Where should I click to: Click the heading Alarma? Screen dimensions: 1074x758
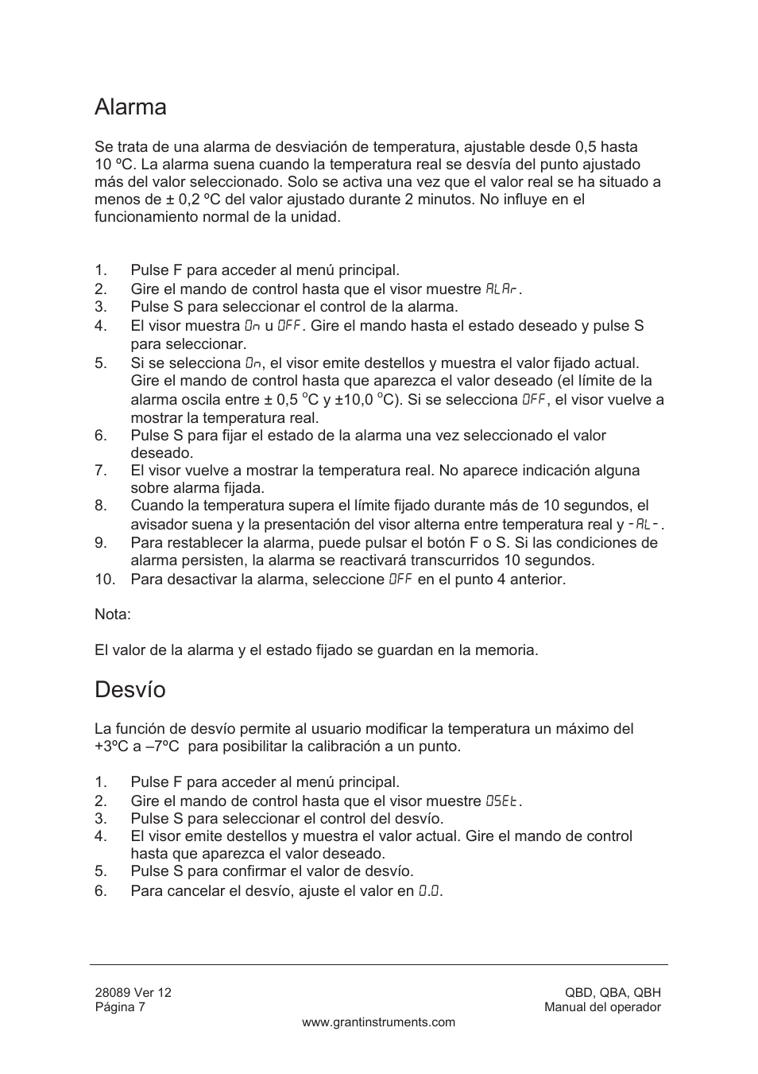point(130,107)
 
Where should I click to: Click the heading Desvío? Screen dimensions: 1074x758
point(130,689)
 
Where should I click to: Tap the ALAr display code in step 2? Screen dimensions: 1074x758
point(502,289)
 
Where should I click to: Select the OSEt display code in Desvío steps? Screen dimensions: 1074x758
point(502,801)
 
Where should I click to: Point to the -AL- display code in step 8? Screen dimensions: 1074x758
point(644,525)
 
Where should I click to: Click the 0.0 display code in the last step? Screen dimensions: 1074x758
point(429,891)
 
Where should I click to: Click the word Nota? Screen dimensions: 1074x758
point(113,615)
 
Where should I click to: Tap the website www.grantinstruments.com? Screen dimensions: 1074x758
point(378,1022)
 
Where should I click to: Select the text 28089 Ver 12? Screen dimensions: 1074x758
point(133,992)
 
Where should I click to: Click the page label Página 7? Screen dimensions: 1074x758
point(120,1007)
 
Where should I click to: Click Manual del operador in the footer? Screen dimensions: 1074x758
point(602,1007)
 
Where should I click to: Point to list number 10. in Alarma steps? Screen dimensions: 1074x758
point(105,580)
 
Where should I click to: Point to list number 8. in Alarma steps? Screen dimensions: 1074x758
point(100,506)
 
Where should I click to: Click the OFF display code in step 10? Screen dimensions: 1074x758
point(400,580)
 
